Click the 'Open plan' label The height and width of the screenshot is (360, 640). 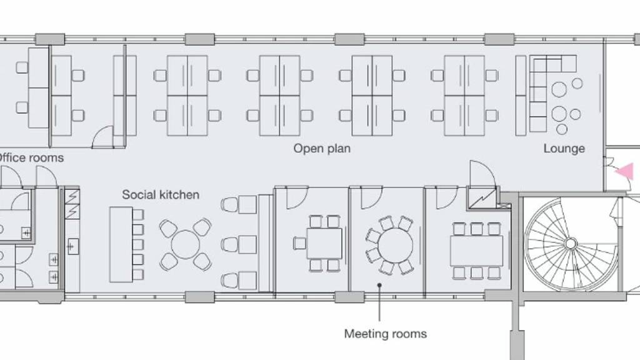[322, 149]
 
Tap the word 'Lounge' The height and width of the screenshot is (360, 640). [564, 149]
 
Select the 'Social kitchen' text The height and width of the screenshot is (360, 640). [161, 195]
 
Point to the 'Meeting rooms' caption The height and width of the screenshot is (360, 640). [385, 334]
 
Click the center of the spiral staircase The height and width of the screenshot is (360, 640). [571, 244]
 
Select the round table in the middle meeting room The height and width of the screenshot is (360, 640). [395, 245]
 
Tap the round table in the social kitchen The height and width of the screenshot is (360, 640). [185, 244]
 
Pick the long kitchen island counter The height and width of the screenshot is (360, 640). [121, 244]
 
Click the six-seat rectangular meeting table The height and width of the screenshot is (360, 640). [477, 251]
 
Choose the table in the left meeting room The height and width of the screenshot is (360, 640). [324, 244]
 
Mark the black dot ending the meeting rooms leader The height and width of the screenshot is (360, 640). [379, 285]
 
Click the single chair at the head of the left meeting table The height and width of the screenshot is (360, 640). [299, 244]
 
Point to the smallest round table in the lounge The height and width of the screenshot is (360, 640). [562, 129]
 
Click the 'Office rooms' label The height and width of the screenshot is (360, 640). [31, 158]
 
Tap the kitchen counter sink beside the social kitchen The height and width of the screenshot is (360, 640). [72, 246]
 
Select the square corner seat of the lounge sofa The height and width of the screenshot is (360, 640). [569, 63]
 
